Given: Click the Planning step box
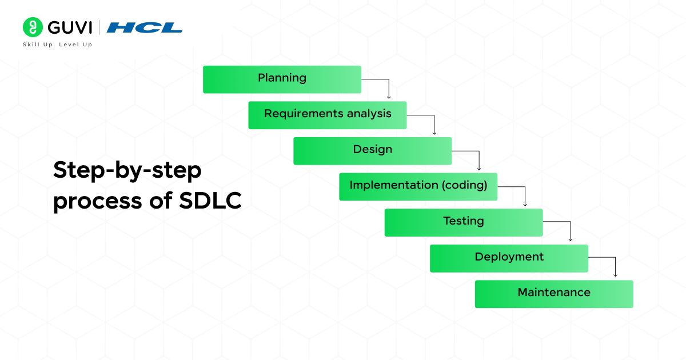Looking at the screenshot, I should (x=282, y=79).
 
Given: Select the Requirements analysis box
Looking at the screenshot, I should (x=327, y=115).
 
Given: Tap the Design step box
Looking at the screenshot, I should (x=372, y=151).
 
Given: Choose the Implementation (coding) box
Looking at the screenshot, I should (x=418, y=186).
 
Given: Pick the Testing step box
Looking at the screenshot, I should (x=463, y=222).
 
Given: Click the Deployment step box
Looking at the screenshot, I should (x=509, y=258).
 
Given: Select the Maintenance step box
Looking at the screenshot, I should (x=554, y=294).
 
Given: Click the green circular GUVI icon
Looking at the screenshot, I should (x=32, y=27).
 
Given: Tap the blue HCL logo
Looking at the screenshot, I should (x=145, y=27).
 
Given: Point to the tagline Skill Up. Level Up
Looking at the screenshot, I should (x=57, y=45).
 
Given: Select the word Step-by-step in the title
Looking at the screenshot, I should (x=127, y=171).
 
